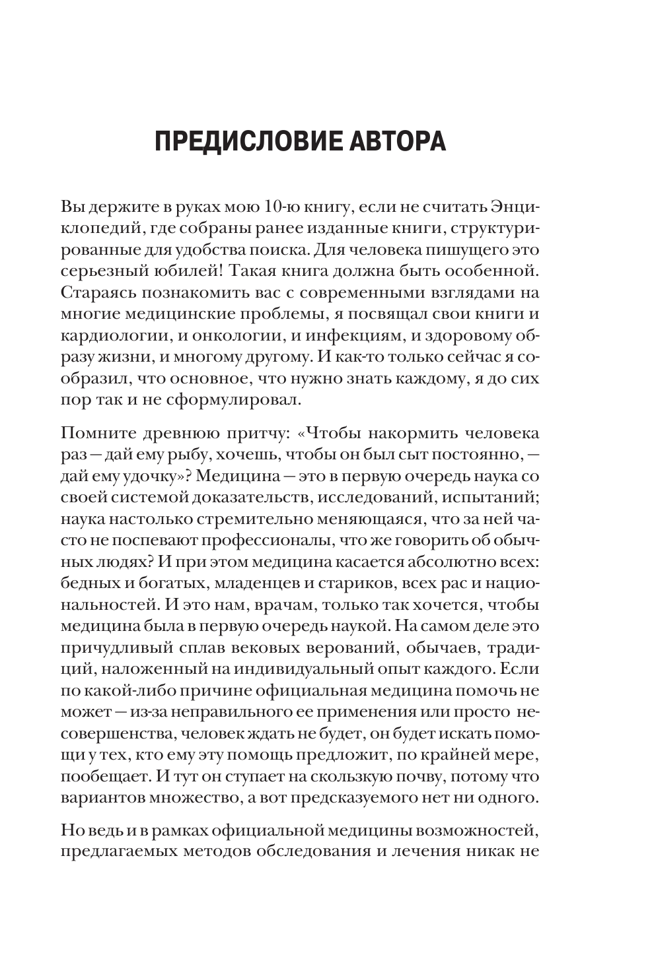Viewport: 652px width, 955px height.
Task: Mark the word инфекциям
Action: point(352,336)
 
